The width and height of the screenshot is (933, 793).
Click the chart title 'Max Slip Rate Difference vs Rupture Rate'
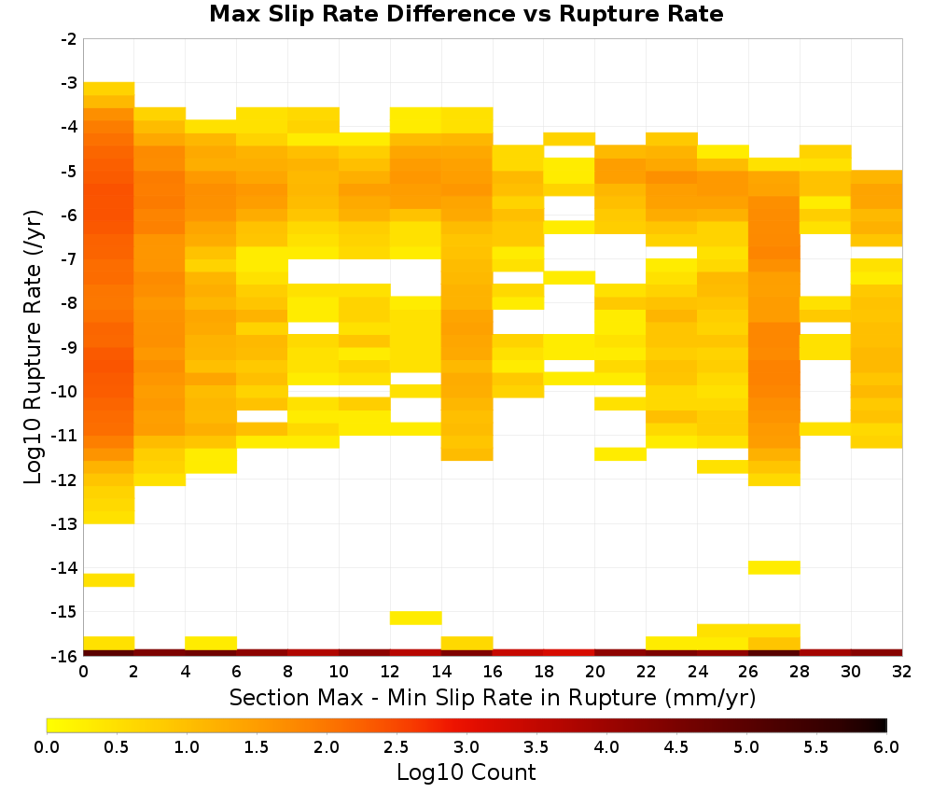click(466, 14)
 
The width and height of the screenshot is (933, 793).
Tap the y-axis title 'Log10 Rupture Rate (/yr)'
click(33, 347)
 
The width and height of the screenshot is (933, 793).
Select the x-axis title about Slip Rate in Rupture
click(492, 697)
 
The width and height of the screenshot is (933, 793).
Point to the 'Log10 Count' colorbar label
click(466, 772)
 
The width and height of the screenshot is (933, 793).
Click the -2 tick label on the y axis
click(69, 39)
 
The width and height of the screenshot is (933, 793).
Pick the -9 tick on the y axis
click(69, 347)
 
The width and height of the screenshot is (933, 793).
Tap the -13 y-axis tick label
click(65, 523)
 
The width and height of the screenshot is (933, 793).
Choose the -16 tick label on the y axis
click(65, 656)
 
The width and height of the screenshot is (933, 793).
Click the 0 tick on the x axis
click(83, 672)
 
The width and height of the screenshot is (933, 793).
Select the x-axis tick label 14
click(441, 672)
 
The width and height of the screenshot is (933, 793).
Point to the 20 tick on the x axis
click(594, 672)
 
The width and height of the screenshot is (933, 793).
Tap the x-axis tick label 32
click(902, 672)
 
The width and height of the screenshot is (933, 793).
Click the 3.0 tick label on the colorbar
click(466, 747)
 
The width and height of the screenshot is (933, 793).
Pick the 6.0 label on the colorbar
click(886, 747)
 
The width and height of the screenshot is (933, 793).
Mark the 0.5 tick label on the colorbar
click(116, 747)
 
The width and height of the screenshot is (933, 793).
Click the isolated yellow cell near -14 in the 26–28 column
click(773, 567)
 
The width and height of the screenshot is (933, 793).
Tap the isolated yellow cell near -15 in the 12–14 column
click(416, 618)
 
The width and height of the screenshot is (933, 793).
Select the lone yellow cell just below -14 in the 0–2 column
click(109, 580)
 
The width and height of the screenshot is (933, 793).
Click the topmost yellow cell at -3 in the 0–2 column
click(109, 89)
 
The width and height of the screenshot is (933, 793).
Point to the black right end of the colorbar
click(884, 725)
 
